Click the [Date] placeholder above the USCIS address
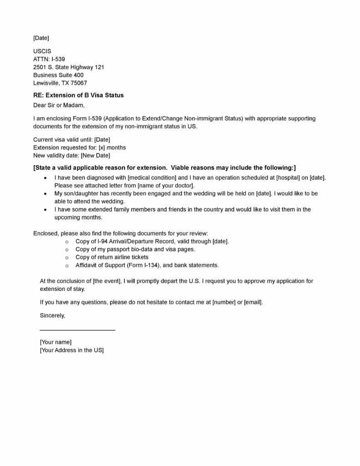41,38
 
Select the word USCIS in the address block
42,51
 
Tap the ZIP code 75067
78,83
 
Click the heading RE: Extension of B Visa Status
78,96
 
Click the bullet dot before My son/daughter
46,193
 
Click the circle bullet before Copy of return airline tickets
67,257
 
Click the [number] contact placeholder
223,302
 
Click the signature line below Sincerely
77,330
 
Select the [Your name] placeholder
56,342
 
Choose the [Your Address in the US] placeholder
72,350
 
